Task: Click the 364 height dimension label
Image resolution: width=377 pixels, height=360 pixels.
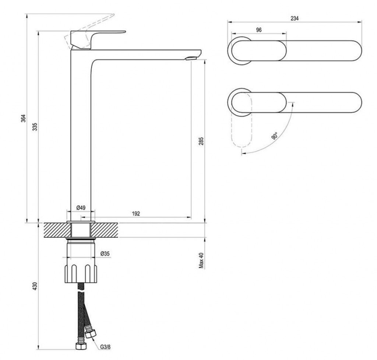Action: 23,118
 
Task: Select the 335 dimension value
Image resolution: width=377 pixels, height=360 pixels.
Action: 35,127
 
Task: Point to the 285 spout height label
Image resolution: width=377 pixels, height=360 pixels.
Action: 201,141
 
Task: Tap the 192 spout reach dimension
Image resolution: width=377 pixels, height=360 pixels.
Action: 136,213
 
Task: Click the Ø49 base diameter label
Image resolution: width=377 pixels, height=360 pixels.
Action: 81,208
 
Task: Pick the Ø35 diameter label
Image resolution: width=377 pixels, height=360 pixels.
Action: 105,254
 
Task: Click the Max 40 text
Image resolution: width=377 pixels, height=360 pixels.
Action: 201,261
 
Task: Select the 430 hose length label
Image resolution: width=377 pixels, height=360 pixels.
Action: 35,286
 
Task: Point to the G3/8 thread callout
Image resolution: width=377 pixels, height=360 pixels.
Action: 105,347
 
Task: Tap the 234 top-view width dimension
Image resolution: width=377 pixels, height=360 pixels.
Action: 295,18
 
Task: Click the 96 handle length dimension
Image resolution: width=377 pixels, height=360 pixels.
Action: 259,30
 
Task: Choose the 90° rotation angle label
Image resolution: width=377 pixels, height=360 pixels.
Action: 275,136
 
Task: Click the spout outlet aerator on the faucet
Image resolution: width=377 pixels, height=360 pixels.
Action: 191,58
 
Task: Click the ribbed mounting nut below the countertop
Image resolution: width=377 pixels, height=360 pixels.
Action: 81,274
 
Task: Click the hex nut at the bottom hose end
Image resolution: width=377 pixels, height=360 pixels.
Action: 81,346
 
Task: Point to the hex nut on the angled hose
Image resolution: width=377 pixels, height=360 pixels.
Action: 91,334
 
